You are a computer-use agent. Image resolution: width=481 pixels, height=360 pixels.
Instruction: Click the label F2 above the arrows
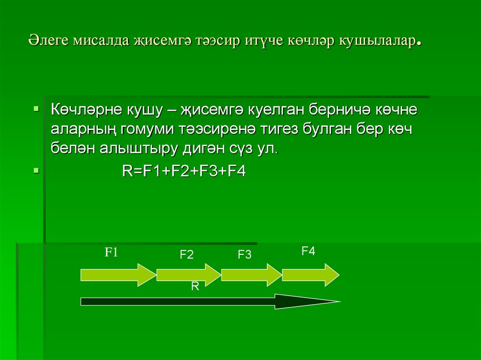tap(186, 255)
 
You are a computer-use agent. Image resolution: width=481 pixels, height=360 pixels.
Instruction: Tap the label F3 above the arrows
tap(245, 255)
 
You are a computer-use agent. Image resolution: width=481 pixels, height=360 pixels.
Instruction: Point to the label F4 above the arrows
tap(308, 251)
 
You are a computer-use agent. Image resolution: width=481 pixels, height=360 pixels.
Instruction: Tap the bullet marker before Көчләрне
tap(36, 109)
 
